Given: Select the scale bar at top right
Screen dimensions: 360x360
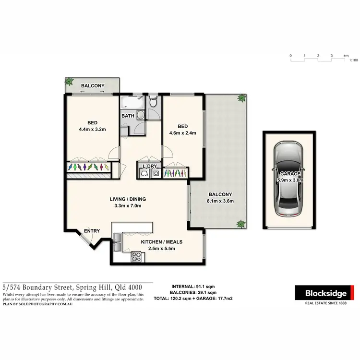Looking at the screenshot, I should point(318,56).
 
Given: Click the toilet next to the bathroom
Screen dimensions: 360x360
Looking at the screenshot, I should point(153,102).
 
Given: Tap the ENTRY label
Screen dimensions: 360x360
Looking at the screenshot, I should point(92,231).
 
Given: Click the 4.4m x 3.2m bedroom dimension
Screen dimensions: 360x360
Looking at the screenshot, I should point(92,129).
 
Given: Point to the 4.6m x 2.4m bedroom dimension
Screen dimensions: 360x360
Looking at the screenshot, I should point(183,133).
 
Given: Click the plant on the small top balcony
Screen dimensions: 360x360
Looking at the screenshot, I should point(70,82).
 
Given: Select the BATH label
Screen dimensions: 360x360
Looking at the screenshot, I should point(127,116).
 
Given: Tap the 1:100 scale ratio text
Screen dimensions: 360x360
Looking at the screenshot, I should point(354,60).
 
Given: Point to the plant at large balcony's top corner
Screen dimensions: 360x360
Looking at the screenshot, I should point(242,98).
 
